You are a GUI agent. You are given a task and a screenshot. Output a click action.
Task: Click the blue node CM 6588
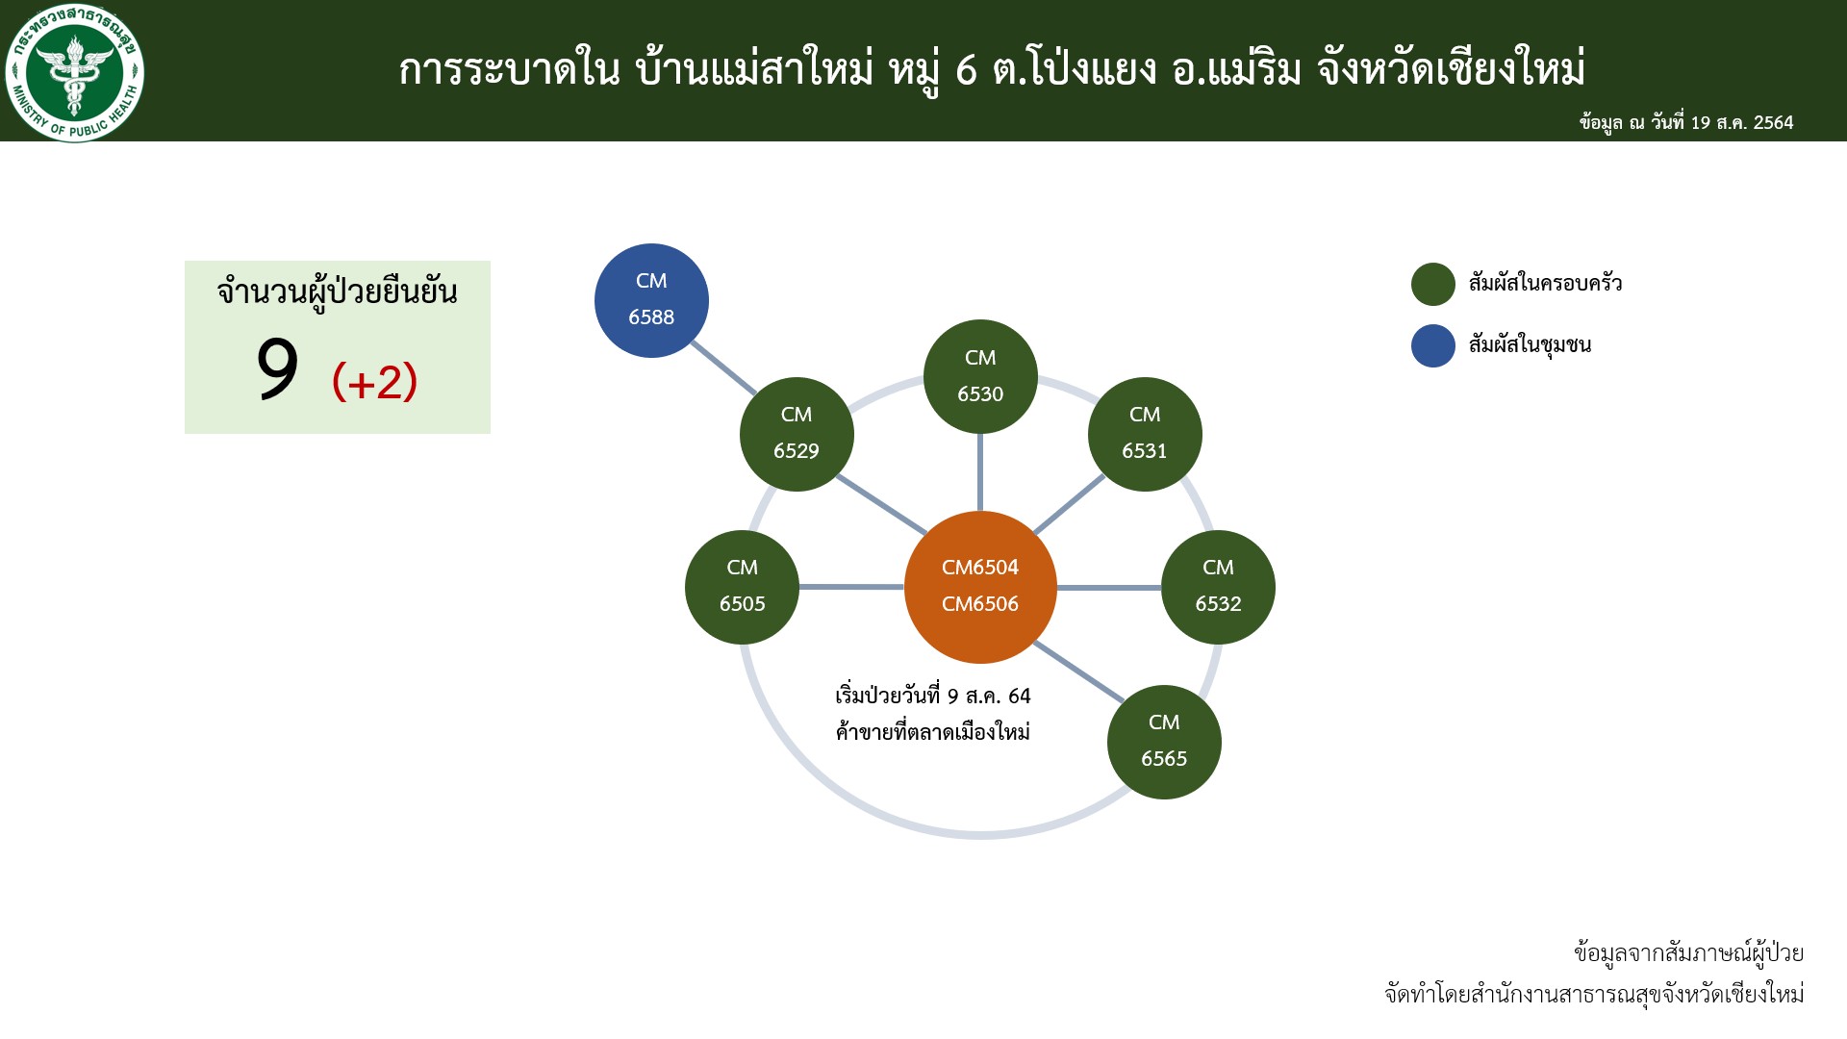[x=651, y=300]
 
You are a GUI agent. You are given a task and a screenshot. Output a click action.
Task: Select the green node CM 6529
[x=797, y=434]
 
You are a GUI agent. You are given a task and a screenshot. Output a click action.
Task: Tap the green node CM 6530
[x=980, y=376]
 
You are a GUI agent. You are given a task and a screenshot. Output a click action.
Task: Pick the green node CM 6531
[x=1145, y=434]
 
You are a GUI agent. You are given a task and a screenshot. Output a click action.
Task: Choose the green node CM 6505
[x=742, y=587]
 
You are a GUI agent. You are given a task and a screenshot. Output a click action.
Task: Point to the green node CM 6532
[x=1218, y=587]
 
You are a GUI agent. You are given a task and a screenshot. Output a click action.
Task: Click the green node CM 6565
[x=1164, y=742]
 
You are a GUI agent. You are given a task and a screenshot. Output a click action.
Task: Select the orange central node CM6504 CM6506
[x=980, y=587]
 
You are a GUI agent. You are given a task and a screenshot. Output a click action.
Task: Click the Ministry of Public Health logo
[x=75, y=72]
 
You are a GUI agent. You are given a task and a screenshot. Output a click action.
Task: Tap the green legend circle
[x=1432, y=285]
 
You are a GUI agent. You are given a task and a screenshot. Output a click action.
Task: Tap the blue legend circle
[x=1432, y=346]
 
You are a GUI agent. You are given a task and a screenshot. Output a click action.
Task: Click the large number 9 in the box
[x=277, y=370]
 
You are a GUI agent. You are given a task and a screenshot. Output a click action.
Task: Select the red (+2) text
[x=374, y=382]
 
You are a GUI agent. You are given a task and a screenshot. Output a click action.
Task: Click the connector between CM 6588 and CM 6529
[x=723, y=367]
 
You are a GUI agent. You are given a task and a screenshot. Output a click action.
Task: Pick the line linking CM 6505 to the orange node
[x=851, y=587]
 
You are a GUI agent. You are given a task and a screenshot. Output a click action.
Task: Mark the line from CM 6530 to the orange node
[x=980, y=472]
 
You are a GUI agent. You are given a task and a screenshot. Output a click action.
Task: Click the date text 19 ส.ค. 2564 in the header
[x=1742, y=123]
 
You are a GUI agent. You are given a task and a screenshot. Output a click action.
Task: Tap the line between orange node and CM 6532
[x=1109, y=587]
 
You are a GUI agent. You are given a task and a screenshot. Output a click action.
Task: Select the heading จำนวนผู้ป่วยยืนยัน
[x=338, y=292]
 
